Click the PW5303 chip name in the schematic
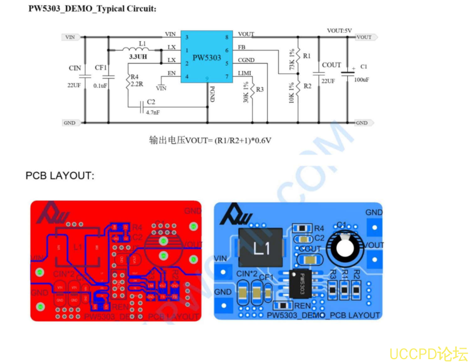click(x=207, y=57)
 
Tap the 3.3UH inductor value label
click(x=138, y=57)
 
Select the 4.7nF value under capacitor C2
click(x=153, y=112)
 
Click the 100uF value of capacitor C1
click(x=362, y=80)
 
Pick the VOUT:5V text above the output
click(x=339, y=30)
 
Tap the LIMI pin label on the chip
click(x=244, y=73)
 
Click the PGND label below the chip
click(x=212, y=94)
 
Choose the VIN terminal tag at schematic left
click(x=69, y=37)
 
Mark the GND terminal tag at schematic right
click(x=363, y=123)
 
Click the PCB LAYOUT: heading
click(x=60, y=176)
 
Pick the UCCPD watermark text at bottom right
click(x=428, y=353)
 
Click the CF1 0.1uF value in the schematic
click(x=100, y=85)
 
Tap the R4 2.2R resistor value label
click(x=137, y=84)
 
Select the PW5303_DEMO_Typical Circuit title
click(x=92, y=9)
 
